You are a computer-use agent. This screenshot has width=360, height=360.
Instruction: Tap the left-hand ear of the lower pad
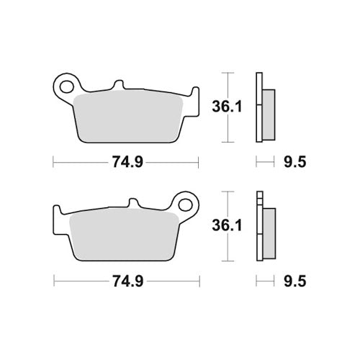(x=59, y=214)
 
